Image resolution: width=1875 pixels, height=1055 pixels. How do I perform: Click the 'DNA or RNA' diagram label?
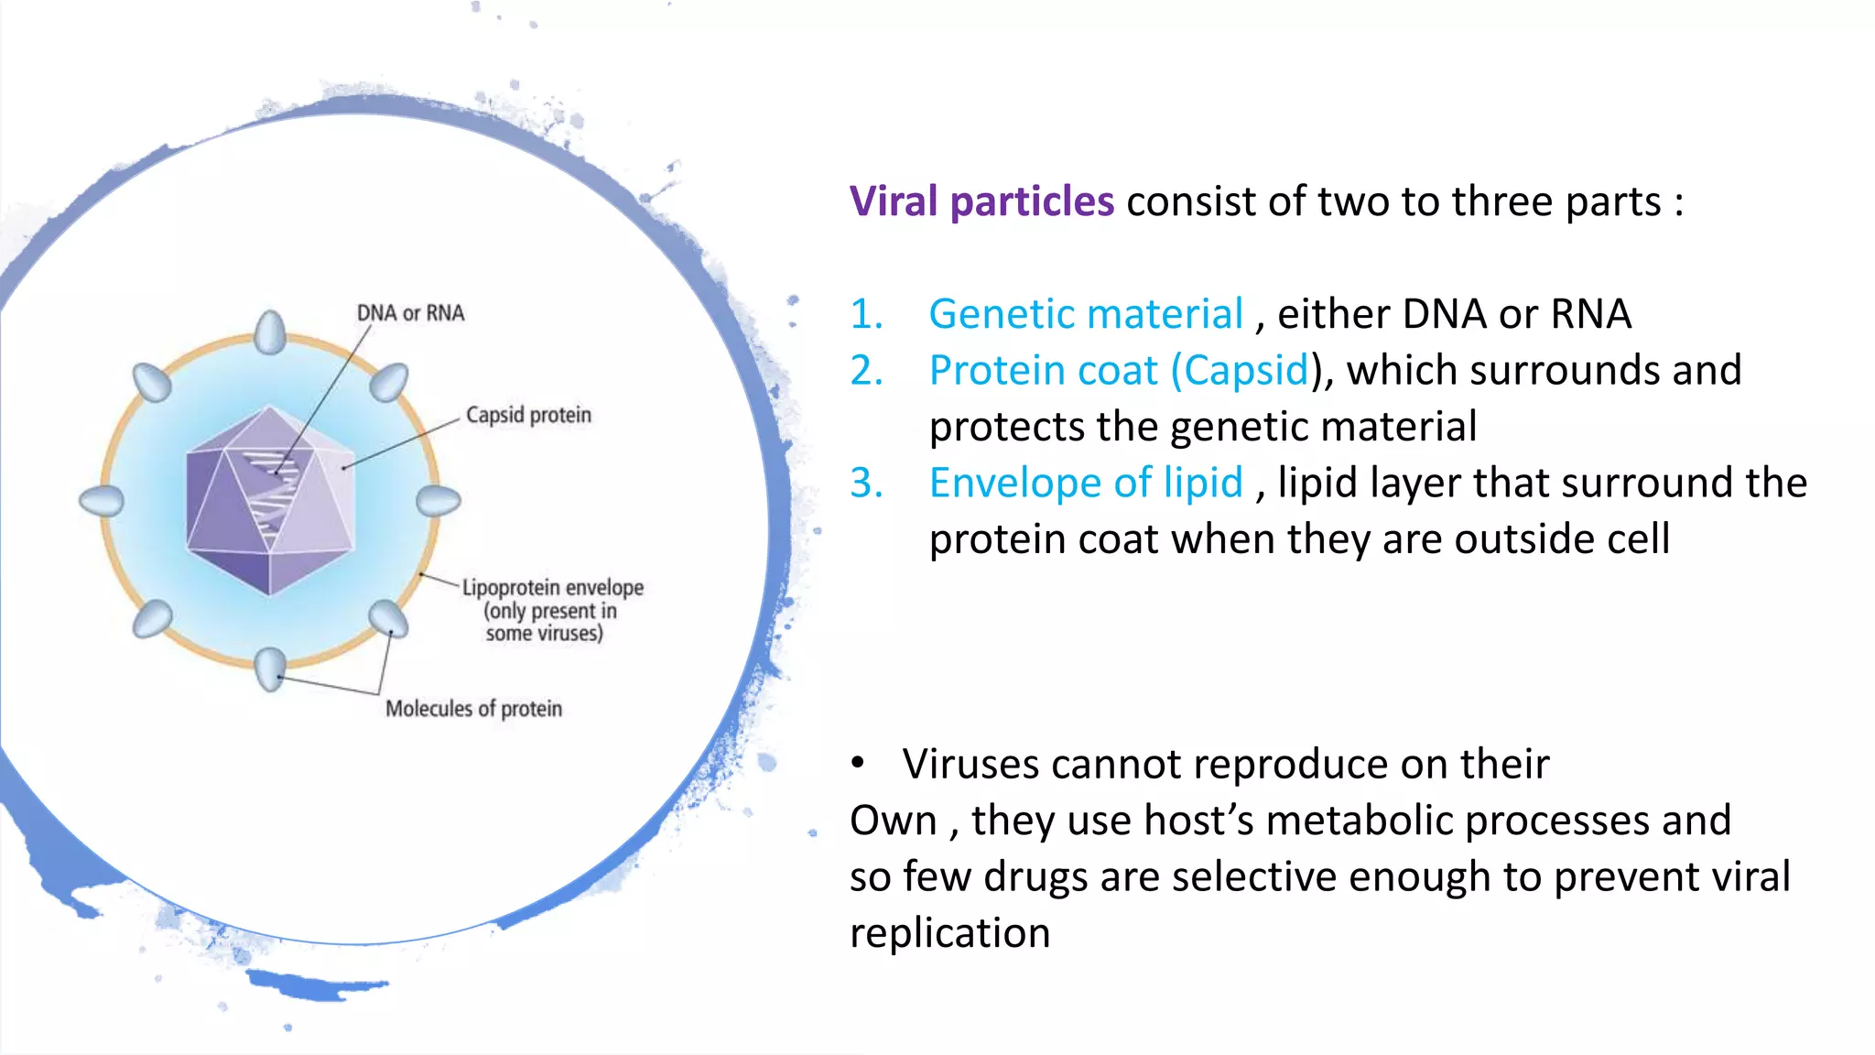[410, 313]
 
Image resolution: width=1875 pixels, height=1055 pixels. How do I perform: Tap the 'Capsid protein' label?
[528, 415]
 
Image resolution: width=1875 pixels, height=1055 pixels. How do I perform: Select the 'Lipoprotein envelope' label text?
[552, 587]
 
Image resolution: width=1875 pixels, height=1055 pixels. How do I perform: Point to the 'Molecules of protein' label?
[473, 709]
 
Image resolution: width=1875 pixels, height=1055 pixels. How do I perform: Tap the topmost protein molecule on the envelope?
[270, 332]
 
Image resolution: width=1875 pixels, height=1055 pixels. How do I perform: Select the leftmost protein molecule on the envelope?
[102, 501]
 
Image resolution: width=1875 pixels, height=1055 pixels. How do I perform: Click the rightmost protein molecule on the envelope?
[439, 501]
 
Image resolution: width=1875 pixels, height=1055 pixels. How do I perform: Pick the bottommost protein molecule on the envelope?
[270, 669]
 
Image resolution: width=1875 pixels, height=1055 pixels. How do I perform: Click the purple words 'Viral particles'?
[981, 201]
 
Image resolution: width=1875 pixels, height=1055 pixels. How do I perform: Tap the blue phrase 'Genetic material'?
[1086, 314]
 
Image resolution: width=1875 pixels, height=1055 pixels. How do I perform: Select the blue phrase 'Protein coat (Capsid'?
[1119, 370]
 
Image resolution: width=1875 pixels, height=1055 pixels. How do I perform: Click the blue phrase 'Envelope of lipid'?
[1086, 483]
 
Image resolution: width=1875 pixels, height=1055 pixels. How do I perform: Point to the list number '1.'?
[866, 314]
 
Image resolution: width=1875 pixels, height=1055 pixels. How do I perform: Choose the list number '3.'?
[866, 483]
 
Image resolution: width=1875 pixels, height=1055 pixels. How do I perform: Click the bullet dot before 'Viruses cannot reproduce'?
[858, 763]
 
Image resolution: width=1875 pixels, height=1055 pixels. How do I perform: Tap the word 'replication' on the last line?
[949, 933]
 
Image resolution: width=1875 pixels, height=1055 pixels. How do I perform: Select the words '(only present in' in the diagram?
[550, 611]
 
